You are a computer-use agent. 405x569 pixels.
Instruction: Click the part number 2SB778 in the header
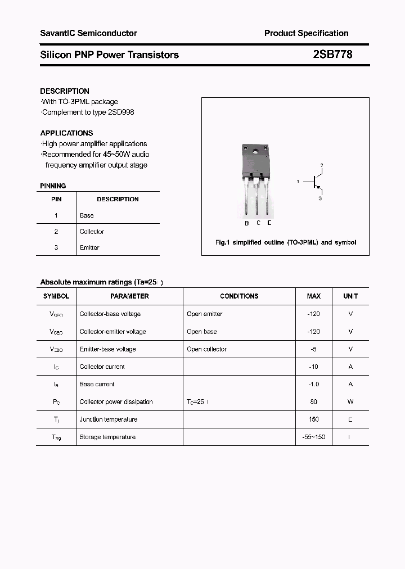click(332, 55)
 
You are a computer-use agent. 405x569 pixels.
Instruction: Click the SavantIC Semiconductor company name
click(88, 33)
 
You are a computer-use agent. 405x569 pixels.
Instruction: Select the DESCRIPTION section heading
click(65, 91)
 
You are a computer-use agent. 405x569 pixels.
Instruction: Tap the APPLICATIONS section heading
click(66, 133)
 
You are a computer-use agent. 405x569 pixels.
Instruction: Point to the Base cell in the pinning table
click(87, 215)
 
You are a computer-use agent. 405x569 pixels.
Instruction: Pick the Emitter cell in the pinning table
click(89, 247)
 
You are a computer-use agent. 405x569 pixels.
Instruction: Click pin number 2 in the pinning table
click(56, 232)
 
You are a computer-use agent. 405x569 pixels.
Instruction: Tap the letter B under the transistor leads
click(246, 223)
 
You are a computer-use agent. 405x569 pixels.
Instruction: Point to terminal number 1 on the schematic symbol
click(298, 182)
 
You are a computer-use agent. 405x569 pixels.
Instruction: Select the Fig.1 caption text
click(286, 243)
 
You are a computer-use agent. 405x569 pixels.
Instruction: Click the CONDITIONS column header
click(239, 296)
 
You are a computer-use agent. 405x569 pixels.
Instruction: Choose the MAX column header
click(314, 296)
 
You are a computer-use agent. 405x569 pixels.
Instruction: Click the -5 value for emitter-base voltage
click(314, 349)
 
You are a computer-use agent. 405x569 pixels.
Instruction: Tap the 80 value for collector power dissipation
click(314, 402)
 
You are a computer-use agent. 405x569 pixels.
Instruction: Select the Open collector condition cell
click(206, 349)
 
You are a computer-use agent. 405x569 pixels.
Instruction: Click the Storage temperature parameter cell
click(107, 437)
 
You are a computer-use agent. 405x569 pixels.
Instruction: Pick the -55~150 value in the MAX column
click(314, 437)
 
